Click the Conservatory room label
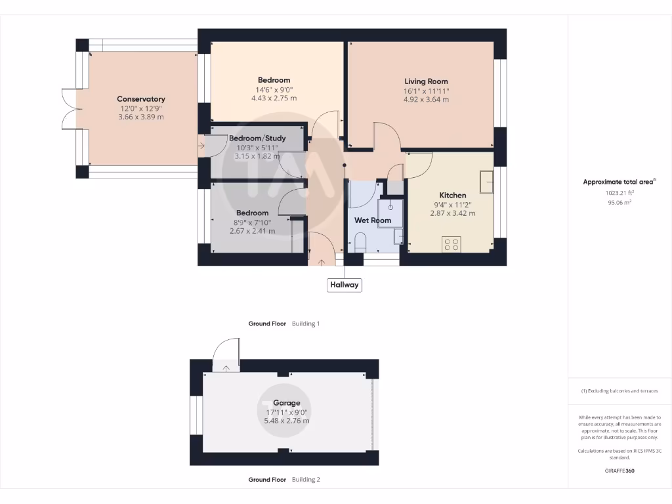point(141,99)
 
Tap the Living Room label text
point(426,81)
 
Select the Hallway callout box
point(345,285)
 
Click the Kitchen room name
point(452,195)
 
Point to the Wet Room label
point(373,220)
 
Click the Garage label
point(286,403)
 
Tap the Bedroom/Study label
point(257,138)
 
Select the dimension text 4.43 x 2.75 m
point(274,98)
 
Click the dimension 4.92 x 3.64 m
point(426,100)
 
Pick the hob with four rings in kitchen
point(451,244)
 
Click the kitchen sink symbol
point(486,182)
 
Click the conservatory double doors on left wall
point(69,109)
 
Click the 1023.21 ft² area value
point(619,194)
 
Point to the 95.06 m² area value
point(619,203)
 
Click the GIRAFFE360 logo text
point(619,471)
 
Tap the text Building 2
point(306,480)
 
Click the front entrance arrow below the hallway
point(321,262)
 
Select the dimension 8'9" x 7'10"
point(253,222)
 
